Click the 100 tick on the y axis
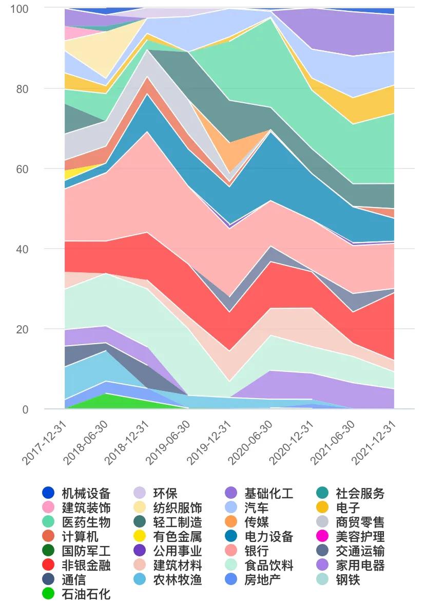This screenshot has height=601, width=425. click(22, 9)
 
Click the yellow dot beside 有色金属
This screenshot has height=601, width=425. click(140, 537)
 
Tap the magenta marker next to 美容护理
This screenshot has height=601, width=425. click(322, 537)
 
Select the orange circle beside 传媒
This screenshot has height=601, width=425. click(231, 522)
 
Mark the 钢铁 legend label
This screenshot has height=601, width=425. click(347, 580)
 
